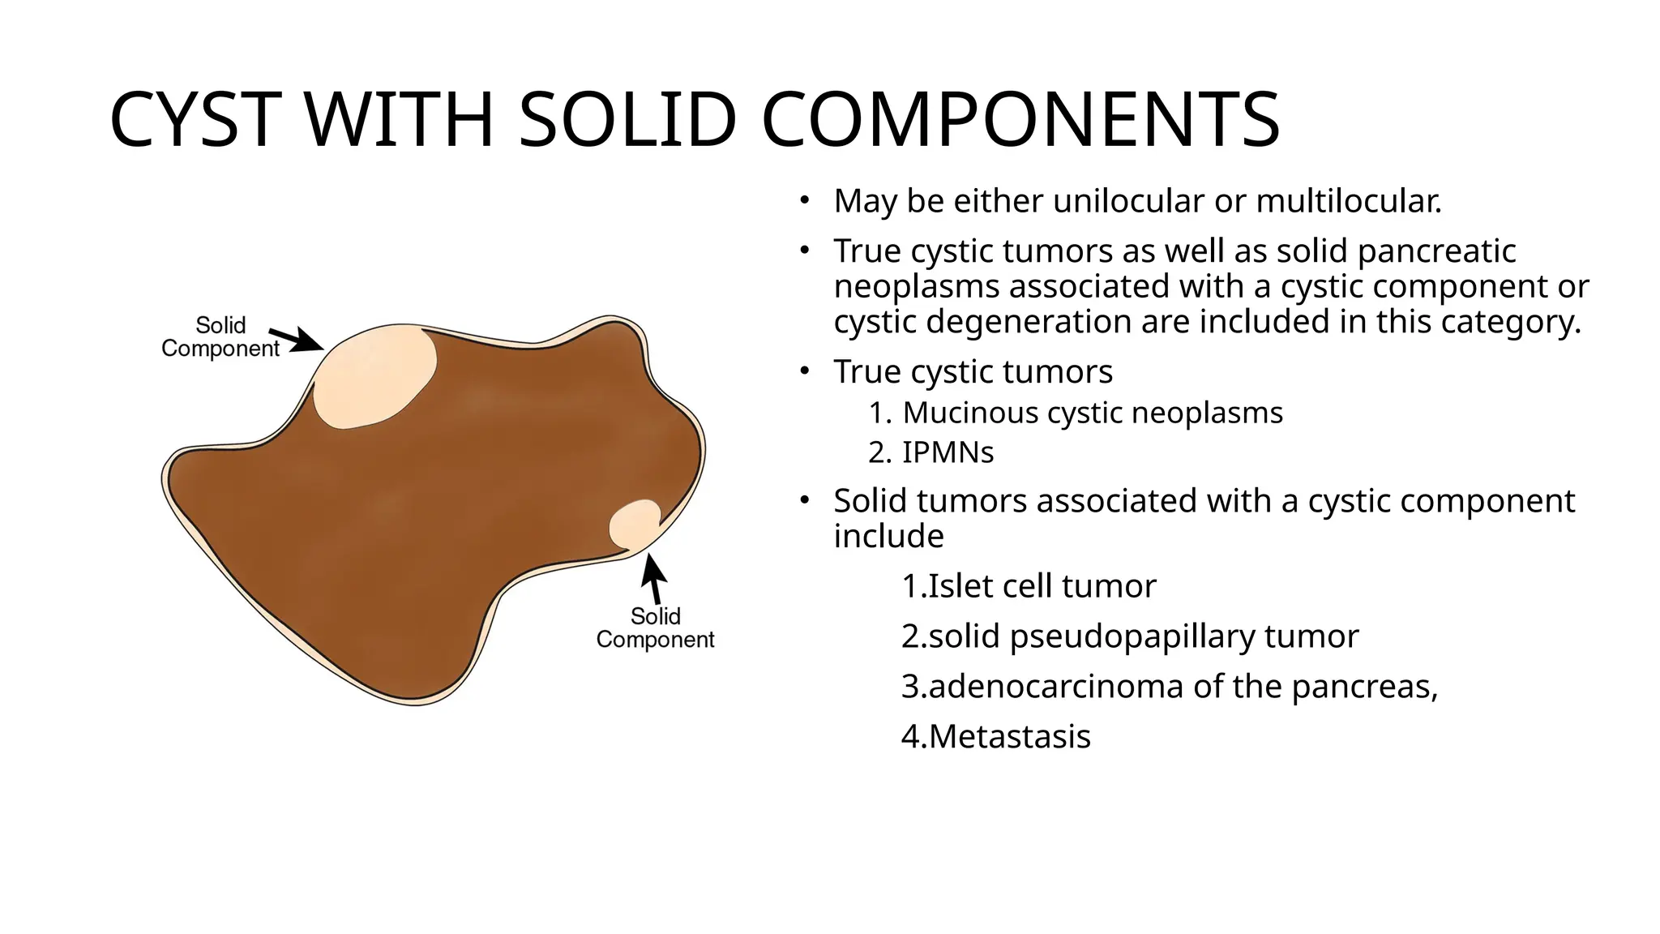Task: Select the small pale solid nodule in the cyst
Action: coord(635,524)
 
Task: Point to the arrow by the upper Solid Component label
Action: coord(296,339)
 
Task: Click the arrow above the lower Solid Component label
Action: coord(655,578)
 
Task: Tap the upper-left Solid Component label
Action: coord(220,337)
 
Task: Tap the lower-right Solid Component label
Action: coord(655,628)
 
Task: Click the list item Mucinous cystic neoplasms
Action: coord(1092,413)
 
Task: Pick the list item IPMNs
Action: coord(948,452)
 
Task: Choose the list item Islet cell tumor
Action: coord(1029,586)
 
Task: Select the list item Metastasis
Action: coord(996,737)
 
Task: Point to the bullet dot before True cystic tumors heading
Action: coord(803,371)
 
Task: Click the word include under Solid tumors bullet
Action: coord(888,537)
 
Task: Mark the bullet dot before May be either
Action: coord(803,200)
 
